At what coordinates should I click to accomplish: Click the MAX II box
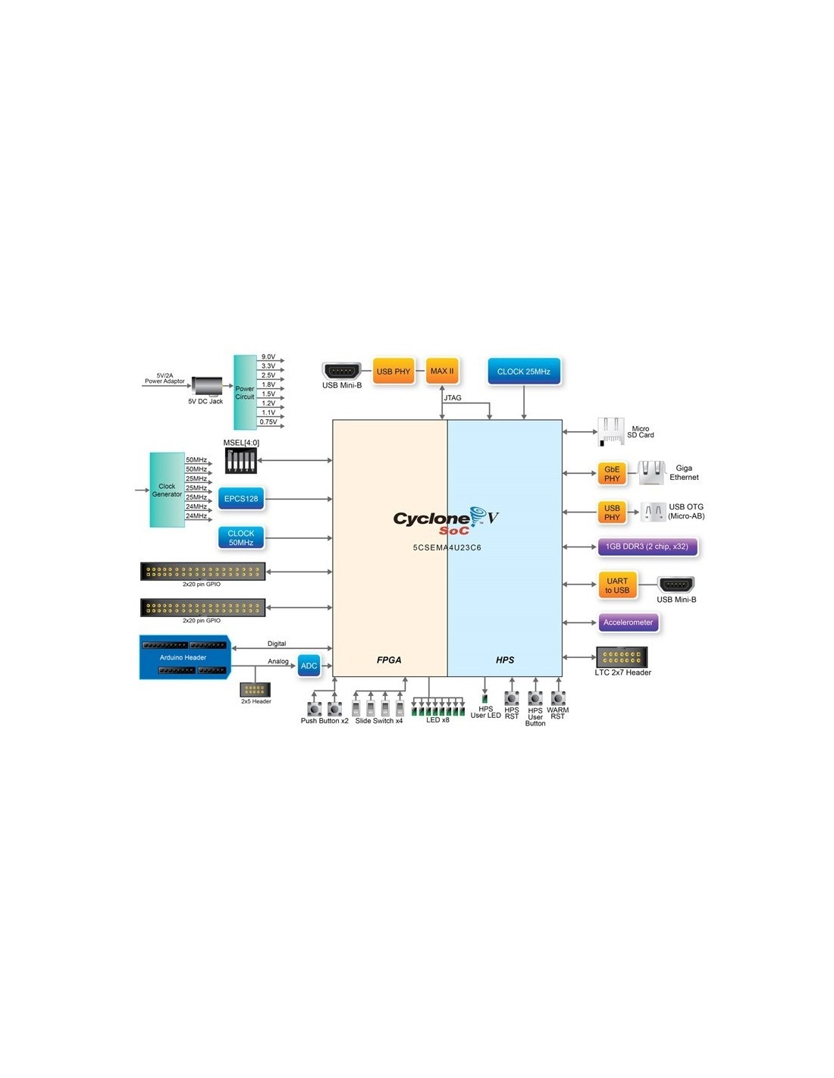[442, 371]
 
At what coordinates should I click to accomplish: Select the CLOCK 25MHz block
[524, 371]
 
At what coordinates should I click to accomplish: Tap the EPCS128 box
[241, 499]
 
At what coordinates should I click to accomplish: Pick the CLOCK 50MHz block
[241, 537]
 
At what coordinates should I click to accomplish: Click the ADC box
[309, 666]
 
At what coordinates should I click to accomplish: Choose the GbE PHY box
[612, 474]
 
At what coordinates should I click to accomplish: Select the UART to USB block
[617, 585]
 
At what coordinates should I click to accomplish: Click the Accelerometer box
[628, 622]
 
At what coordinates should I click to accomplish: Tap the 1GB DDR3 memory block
[647, 547]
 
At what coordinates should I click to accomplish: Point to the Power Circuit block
[245, 392]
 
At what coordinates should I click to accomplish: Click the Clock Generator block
[167, 490]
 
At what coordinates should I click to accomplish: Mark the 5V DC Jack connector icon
[206, 386]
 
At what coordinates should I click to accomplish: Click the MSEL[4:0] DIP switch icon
[241, 460]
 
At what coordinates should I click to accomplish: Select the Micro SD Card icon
[610, 431]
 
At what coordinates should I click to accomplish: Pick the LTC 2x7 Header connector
[622, 657]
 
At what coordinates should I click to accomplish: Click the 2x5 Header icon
[255, 689]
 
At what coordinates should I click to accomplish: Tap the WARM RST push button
[558, 698]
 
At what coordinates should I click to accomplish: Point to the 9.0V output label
[268, 356]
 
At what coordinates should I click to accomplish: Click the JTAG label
[453, 398]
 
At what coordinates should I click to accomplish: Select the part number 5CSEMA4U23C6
[447, 547]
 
